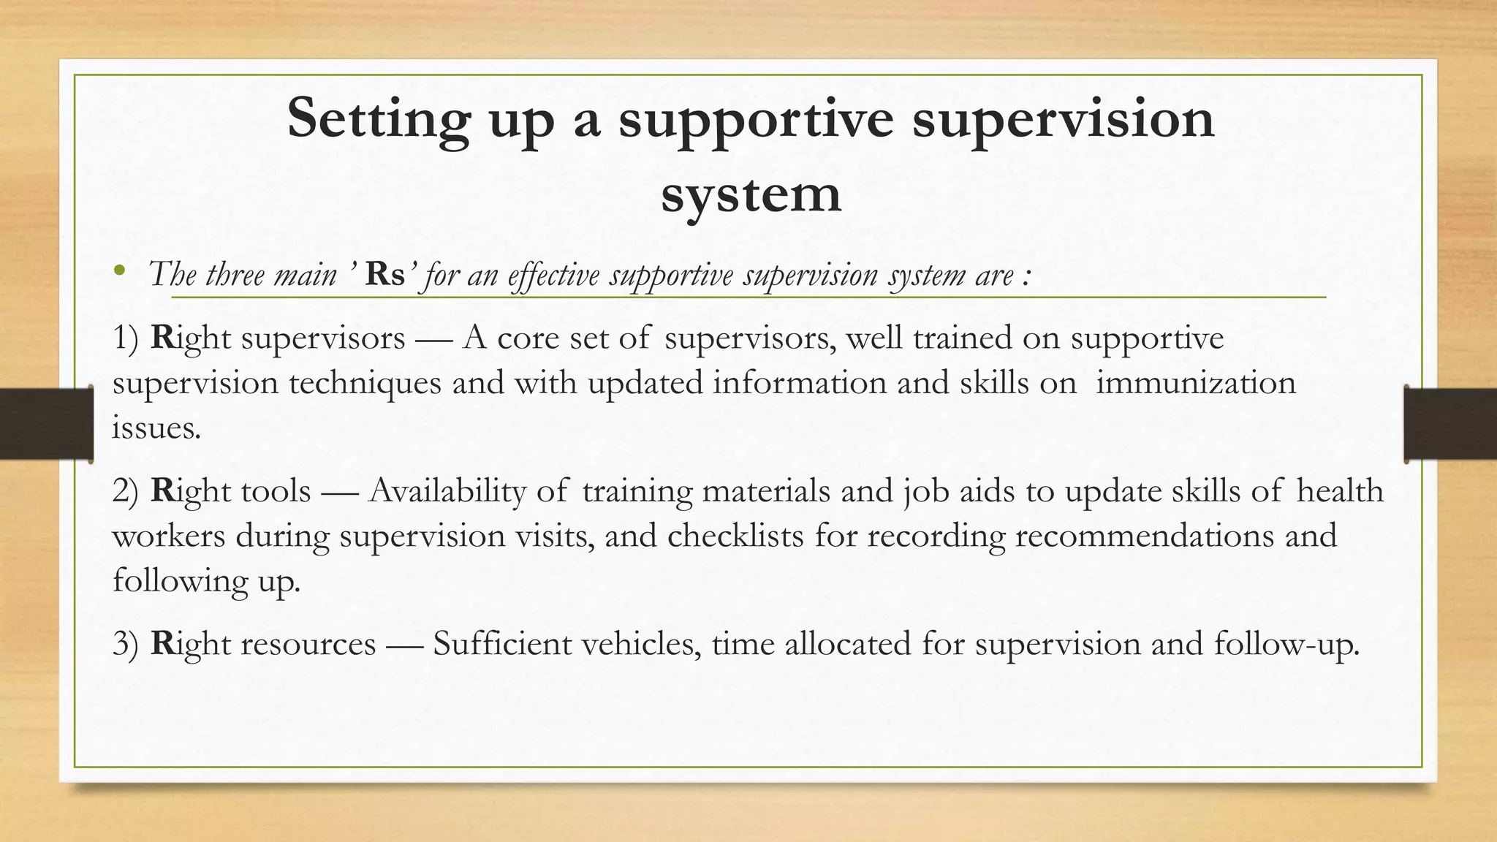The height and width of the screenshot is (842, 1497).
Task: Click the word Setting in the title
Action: (378, 119)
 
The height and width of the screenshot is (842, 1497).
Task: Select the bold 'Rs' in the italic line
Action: (385, 274)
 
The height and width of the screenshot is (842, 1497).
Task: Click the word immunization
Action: (1196, 383)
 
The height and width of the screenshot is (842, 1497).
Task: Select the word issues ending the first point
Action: (156, 428)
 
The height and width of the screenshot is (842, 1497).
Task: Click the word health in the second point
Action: (1340, 491)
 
